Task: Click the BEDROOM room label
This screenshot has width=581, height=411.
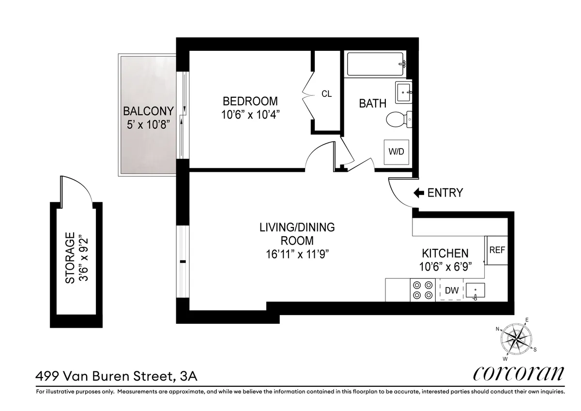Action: pyautogui.click(x=250, y=101)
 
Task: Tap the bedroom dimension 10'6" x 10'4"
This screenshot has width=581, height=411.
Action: pyautogui.click(x=250, y=115)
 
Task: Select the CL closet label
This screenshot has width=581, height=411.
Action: pyautogui.click(x=327, y=94)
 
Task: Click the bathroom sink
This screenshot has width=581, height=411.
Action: pyautogui.click(x=403, y=92)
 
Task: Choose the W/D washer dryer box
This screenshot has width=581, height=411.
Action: pyautogui.click(x=396, y=152)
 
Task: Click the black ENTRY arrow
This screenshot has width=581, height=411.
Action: pyautogui.click(x=418, y=193)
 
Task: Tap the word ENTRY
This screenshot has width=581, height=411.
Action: pyautogui.click(x=445, y=193)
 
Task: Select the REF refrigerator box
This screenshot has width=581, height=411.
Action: pyautogui.click(x=497, y=251)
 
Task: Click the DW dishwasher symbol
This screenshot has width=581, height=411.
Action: pyautogui.click(x=451, y=290)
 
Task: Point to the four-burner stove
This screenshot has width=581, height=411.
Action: pyautogui.click(x=422, y=290)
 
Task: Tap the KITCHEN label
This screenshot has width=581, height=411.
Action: pyautogui.click(x=445, y=253)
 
